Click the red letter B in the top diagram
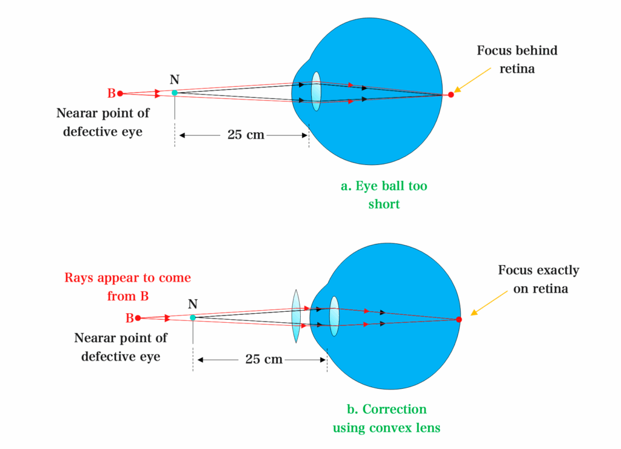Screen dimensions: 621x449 (x=112, y=93)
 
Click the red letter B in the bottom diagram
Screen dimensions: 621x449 (x=130, y=318)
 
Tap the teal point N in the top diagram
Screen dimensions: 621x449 (x=175, y=93)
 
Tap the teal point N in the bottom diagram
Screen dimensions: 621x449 (x=193, y=317)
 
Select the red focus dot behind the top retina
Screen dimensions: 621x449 (x=451, y=95)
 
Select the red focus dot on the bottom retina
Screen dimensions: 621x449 (x=458, y=319)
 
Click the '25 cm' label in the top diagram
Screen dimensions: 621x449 (x=246, y=135)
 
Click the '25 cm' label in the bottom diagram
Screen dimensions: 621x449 (x=264, y=359)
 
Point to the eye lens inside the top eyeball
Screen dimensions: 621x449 (x=315, y=91)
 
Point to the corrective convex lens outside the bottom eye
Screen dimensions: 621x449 (x=296, y=316)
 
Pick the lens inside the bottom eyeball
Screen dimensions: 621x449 (x=334, y=316)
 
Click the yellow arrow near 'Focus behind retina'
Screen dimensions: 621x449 (x=472, y=79)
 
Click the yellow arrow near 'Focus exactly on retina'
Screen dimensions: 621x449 (x=489, y=303)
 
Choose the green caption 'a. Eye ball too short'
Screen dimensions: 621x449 (x=384, y=195)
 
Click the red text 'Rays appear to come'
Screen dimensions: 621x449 (x=127, y=278)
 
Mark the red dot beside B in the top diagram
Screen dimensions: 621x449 (x=120, y=93)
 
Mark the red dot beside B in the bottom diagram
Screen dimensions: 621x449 (x=138, y=318)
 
